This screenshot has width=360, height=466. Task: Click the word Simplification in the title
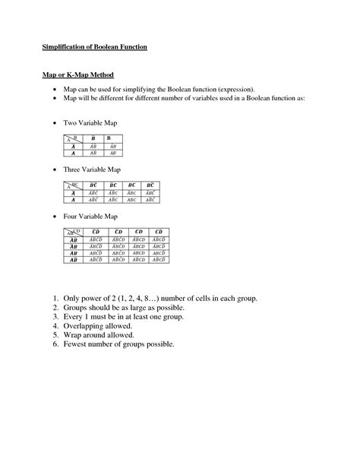pyautogui.click(x=62, y=47)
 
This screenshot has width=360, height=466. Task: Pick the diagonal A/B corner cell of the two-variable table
pyautogui.click(x=72, y=138)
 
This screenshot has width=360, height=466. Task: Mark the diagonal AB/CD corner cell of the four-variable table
pyautogui.click(x=73, y=233)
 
